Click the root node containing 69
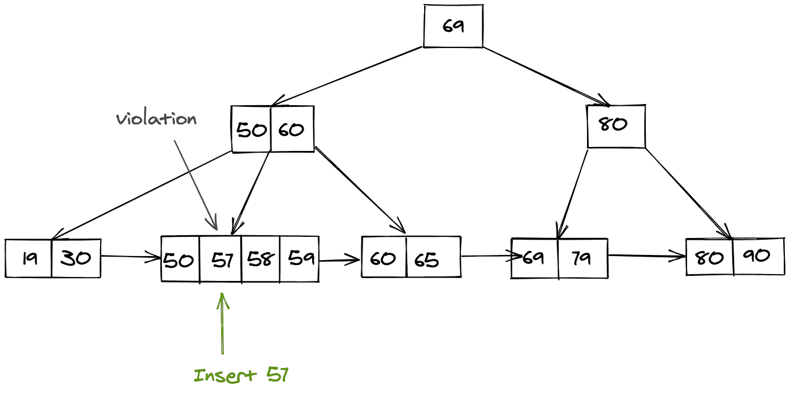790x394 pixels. (x=453, y=27)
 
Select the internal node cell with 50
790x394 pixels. (x=252, y=130)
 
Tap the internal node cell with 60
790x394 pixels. (x=292, y=130)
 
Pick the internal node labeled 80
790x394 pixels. (x=616, y=125)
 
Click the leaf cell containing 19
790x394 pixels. (x=28, y=258)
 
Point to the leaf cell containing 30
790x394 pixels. (x=76, y=258)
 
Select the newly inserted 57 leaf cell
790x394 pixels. (x=221, y=259)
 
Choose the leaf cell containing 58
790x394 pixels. (x=260, y=259)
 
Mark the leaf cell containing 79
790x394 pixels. (x=582, y=258)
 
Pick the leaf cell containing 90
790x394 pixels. (x=758, y=257)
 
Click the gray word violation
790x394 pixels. (x=157, y=119)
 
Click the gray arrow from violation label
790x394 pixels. (x=196, y=184)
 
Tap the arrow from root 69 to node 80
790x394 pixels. (x=546, y=76)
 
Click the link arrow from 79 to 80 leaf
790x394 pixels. (x=647, y=256)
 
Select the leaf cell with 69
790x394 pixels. (x=534, y=258)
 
